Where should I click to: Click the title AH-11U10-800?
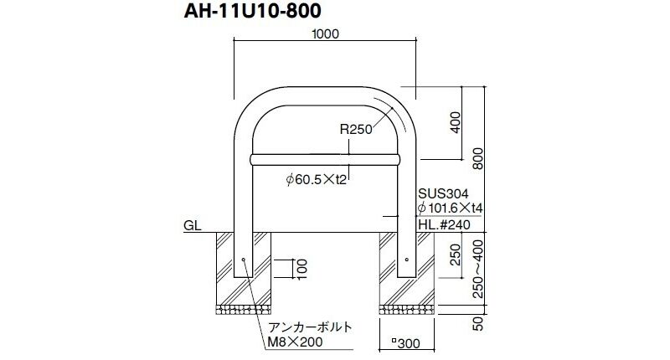tap(253, 11)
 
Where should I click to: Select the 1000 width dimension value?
tap(325, 34)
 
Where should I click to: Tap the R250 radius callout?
tap(356, 129)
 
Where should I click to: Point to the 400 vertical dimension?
tap(456, 122)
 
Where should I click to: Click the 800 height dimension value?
tap(478, 158)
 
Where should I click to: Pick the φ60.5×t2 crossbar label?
tap(317, 179)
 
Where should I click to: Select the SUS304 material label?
tap(443, 194)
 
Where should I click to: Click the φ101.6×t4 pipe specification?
tap(450, 208)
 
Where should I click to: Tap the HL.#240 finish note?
tap(444, 224)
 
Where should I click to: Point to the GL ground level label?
tap(193, 225)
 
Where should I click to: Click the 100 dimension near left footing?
tap(302, 269)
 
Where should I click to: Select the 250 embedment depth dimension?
tap(456, 255)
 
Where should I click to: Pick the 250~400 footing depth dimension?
tap(478, 269)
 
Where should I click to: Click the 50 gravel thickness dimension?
tap(478, 324)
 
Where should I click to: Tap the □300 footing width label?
tap(406, 343)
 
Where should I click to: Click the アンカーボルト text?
tap(310, 327)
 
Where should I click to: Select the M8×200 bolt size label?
tap(296, 342)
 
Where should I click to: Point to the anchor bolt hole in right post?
tap(407, 260)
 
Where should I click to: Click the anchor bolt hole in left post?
tap(243, 260)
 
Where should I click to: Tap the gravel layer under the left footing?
tap(243, 310)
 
